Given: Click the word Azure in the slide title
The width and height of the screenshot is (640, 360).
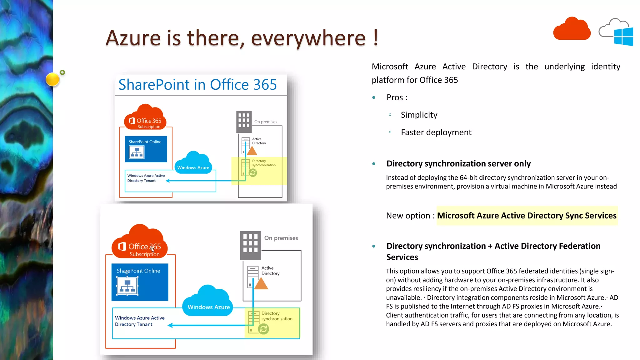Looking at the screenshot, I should tap(133, 38).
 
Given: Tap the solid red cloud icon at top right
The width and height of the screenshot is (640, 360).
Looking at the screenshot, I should tap(572, 30).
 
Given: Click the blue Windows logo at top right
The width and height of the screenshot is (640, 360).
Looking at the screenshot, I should tap(623, 37).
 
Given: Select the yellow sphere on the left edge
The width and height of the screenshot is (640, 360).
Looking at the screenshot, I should tap(52, 79).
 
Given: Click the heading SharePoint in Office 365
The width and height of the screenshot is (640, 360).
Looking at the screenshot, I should tap(197, 85).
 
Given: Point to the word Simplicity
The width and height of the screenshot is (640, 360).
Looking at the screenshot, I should tap(419, 115).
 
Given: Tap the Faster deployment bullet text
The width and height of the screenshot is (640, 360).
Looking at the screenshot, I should tap(436, 132).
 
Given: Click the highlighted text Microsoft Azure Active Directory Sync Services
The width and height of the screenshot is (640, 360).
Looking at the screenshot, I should tap(527, 216).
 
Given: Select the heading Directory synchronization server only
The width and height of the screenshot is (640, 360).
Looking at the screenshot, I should tap(458, 164).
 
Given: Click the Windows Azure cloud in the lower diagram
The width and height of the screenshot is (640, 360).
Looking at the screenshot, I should tap(208, 302).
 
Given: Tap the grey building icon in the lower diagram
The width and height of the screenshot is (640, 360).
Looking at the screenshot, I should tap(250, 245).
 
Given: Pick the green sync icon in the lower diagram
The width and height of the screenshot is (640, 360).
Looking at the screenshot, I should tap(263, 329).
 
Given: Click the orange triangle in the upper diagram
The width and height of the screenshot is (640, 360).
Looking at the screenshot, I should tap(252, 151).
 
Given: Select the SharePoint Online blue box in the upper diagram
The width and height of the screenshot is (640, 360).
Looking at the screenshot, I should tap(146, 149).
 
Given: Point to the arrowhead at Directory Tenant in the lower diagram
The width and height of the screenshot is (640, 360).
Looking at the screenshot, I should tap(170, 325).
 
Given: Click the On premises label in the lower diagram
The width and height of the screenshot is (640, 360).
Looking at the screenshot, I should tap(281, 238).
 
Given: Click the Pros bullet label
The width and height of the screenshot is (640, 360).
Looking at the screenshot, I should tap(397, 97).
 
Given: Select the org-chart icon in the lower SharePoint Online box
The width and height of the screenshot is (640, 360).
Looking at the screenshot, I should tap(127, 286).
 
